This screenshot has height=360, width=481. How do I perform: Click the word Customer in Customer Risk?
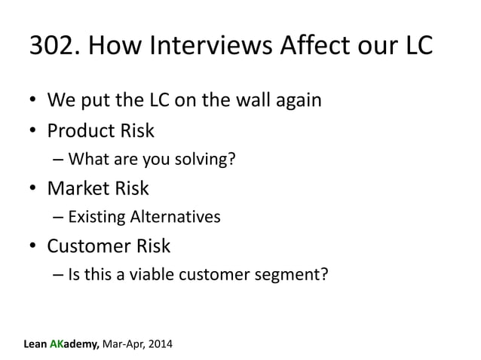(89, 246)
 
